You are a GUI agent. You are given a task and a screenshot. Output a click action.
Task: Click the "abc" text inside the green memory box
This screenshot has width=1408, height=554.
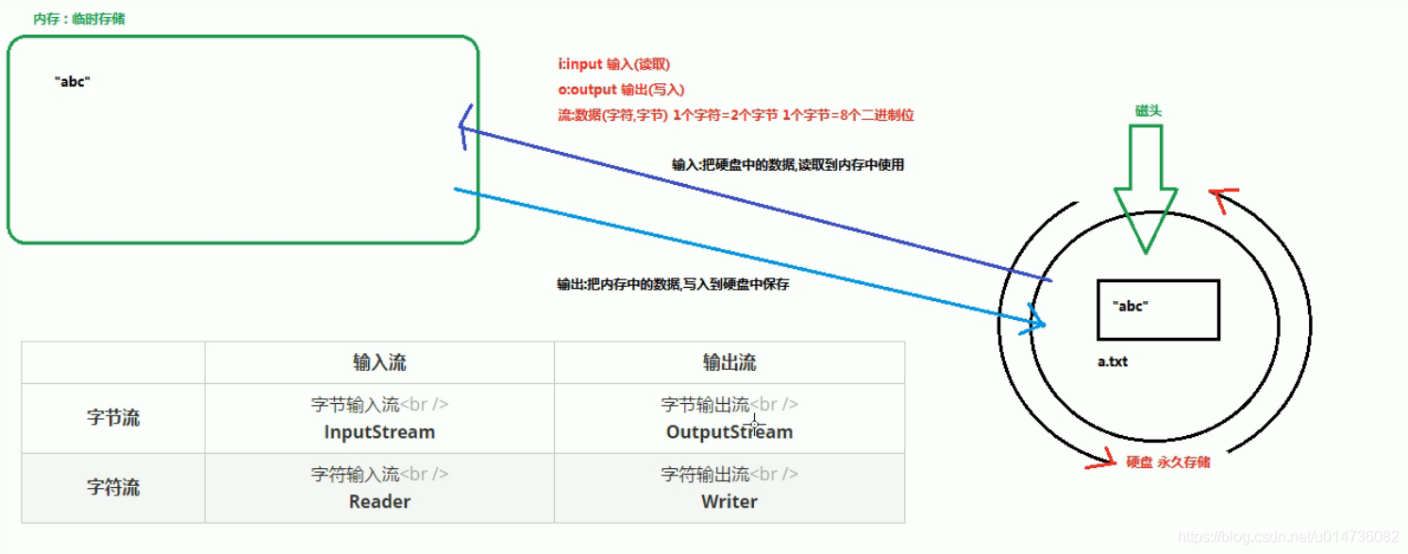[73, 82]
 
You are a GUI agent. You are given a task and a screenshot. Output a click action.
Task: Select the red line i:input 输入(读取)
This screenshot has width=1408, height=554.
[613, 65]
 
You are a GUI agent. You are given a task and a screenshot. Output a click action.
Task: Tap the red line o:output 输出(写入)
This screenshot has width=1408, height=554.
[621, 90]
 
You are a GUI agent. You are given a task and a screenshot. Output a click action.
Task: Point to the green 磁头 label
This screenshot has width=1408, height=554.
[1148, 110]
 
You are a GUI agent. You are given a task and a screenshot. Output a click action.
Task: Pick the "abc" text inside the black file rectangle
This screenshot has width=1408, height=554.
[1131, 306]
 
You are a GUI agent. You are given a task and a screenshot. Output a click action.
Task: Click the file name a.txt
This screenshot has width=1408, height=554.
[1113, 361]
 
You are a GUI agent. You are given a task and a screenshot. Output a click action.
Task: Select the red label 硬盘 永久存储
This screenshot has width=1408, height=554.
[1168, 462]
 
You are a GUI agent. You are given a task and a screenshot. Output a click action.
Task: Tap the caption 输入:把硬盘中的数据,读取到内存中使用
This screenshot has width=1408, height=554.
[788, 165]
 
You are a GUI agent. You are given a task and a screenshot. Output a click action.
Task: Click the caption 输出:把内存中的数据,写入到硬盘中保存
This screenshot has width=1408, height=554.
[673, 284]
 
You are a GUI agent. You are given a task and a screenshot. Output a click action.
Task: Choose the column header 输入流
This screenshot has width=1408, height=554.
[379, 362]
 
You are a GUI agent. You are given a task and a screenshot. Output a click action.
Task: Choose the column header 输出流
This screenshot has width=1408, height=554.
[729, 362]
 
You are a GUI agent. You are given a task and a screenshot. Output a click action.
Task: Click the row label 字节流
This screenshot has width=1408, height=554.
[113, 418]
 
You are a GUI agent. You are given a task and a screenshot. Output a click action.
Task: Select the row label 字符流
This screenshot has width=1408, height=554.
[113, 488]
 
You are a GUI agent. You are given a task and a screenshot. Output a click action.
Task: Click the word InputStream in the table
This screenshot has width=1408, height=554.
[379, 432]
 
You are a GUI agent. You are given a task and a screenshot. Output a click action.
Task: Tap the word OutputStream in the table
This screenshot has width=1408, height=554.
[729, 432]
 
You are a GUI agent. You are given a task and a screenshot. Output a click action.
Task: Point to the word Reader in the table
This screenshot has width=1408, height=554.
[379, 501]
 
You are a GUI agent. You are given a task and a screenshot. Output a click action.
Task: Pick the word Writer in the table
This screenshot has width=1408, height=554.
[729, 501]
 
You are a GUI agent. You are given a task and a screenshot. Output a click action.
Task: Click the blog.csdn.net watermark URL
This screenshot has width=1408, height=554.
[1288, 537]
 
